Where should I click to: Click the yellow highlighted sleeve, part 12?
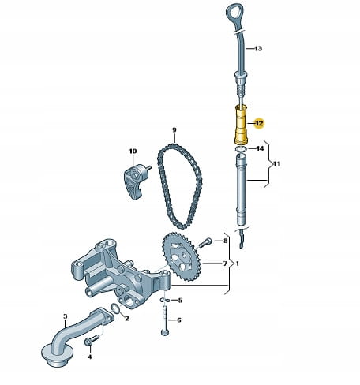241,125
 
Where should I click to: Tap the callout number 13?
258,48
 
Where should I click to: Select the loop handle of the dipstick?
234,13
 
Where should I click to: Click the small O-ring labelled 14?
241,149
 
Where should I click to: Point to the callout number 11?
276,164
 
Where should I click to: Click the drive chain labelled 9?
179,185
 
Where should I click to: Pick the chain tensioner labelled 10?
136,181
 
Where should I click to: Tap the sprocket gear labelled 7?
182,259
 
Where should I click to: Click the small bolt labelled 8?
205,242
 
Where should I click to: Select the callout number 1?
238,264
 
